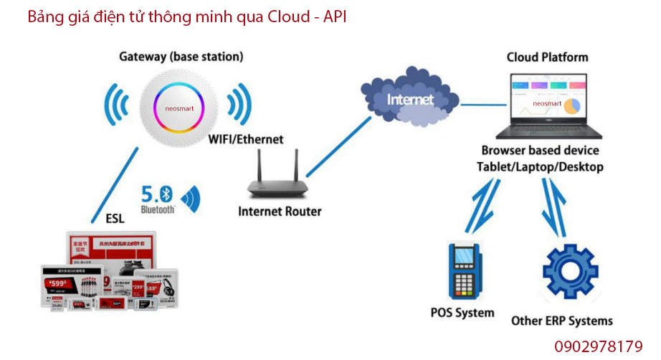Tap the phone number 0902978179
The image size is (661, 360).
[x=598, y=346]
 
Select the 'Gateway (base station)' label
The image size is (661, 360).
[x=181, y=56]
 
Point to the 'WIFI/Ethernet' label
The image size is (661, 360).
[x=246, y=139]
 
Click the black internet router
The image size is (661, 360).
[x=278, y=179]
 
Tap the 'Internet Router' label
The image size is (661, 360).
[x=280, y=212]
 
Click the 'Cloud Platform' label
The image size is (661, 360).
[x=547, y=57]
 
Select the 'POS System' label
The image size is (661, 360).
[x=462, y=313]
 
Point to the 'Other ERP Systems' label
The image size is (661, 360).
[x=562, y=321]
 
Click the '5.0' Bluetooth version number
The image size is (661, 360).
[x=148, y=193]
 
